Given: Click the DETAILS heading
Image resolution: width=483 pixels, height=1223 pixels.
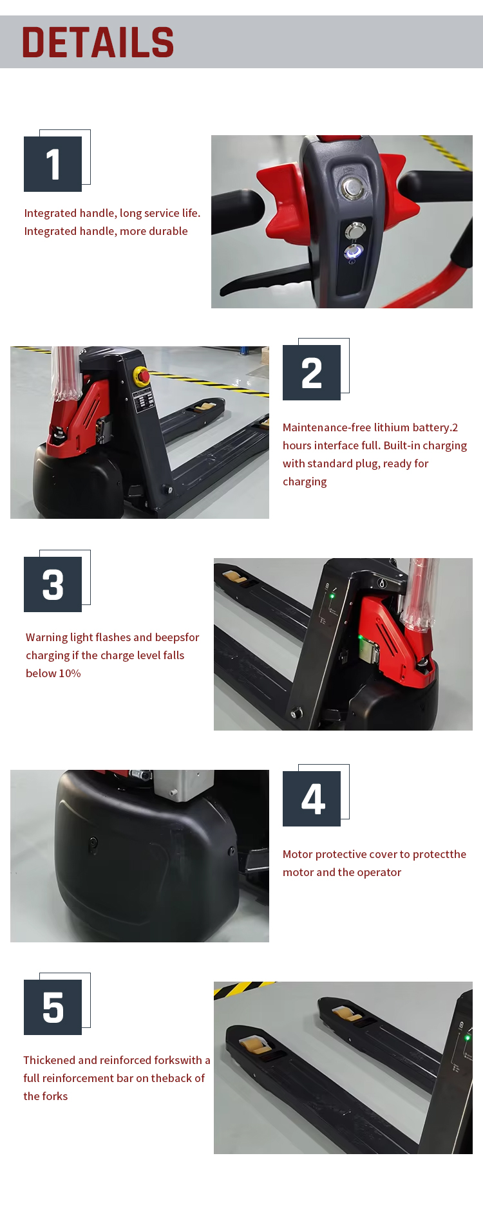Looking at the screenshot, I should pyautogui.click(x=98, y=42).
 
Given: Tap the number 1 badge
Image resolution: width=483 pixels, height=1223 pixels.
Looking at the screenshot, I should pyautogui.click(x=53, y=164).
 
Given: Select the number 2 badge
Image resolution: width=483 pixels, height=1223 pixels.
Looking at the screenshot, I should pyautogui.click(x=312, y=373).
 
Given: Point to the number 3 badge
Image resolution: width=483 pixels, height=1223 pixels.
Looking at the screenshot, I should pyautogui.click(x=53, y=584).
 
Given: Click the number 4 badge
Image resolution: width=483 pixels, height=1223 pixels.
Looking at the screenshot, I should pyautogui.click(x=312, y=799).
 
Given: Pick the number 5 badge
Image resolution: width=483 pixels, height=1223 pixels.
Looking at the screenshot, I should pyautogui.click(x=53, y=1007).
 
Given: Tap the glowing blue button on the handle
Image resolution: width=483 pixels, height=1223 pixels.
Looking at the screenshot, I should pyautogui.click(x=354, y=252).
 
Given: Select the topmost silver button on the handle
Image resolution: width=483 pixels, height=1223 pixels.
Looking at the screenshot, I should pyautogui.click(x=351, y=188).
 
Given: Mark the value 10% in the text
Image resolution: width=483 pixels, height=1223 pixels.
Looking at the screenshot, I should pyautogui.click(x=70, y=673).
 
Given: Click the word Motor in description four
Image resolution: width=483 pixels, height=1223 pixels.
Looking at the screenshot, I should pyautogui.click(x=298, y=854).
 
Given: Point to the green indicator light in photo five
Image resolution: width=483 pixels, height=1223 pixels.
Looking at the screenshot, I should pyautogui.click(x=468, y=1038).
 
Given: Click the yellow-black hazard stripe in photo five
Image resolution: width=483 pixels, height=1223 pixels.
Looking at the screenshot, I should pyautogui.click(x=241, y=988).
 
